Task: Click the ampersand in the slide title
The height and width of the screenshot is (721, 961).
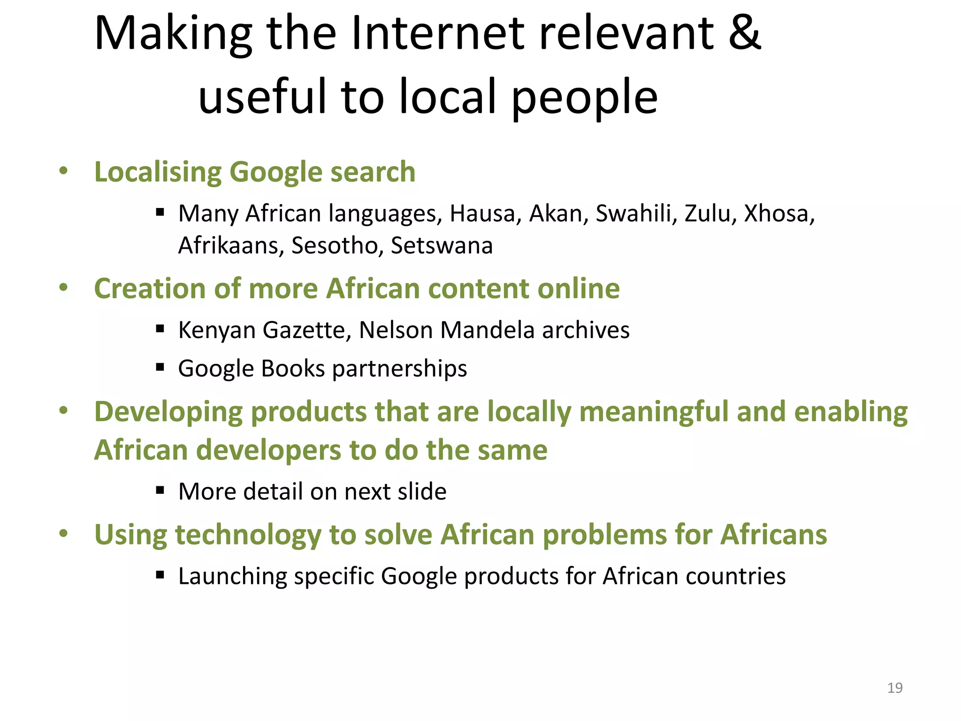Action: coord(744,33)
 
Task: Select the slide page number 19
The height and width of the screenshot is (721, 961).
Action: coord(895,688)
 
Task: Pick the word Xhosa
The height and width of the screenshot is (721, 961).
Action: coord(778,214)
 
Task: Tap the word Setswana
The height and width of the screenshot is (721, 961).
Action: coord(442,245)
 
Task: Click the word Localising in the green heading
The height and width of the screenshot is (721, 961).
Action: coord(158,172)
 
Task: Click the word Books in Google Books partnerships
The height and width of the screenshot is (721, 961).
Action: coord(293,368)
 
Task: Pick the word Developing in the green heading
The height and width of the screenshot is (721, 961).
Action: coord(168,413)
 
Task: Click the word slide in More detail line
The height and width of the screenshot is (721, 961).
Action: coord(421,491)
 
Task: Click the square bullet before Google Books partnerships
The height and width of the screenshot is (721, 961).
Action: coord(160,367)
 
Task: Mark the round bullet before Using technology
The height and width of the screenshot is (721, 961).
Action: coord(64,533)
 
